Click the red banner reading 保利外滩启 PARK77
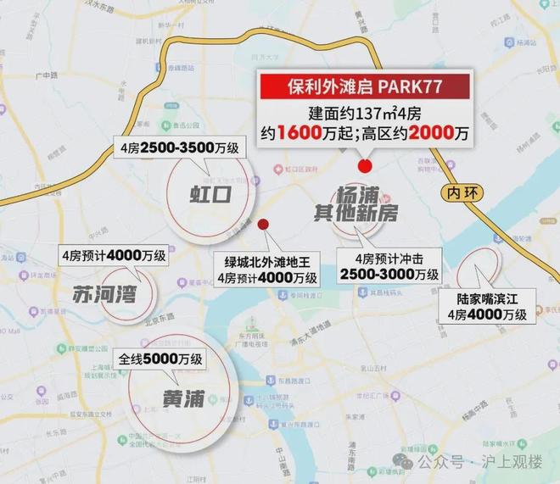364,87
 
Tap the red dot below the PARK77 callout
366,165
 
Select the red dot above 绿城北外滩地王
263,224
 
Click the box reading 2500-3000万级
389,267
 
